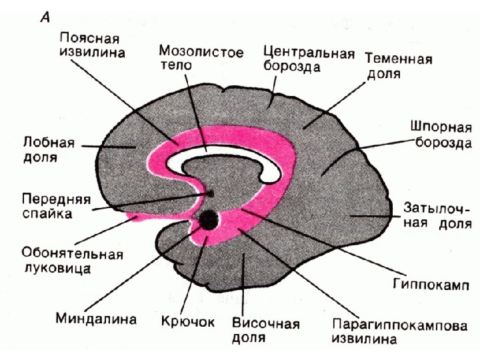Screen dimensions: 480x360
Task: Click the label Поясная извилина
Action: pyautogui.click(x=91, y=43)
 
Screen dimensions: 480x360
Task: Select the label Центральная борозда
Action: pyautogui.click(x=308, y=59)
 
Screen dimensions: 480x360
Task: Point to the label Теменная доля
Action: pyautogui.click(x=398, y=65)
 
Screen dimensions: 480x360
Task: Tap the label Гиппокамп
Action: pyautogui.click(x=430, y=285)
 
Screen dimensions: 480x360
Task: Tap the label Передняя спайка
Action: pyautogui.click(x=56, y=206)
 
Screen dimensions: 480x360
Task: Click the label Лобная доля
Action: pyautogui.click(x=48, y=151)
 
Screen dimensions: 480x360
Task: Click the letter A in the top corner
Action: pyautogui.click(x=45, y=19)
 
